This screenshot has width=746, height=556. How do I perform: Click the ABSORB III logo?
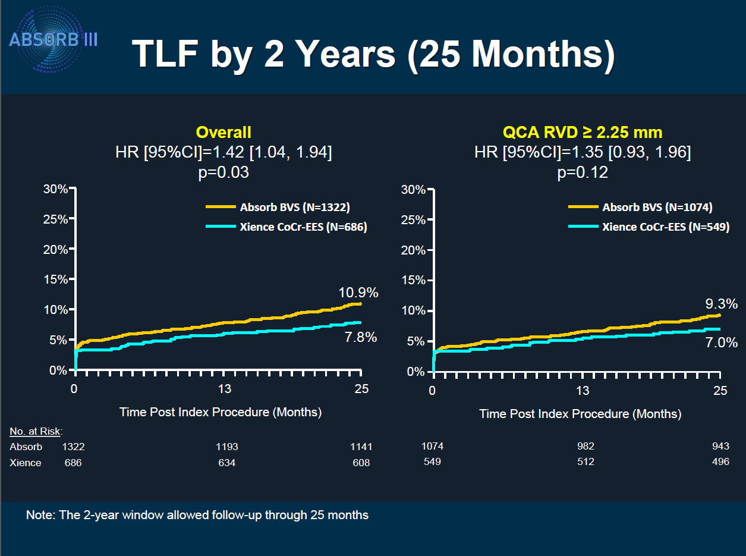pyautogui.click(x=53, y=40)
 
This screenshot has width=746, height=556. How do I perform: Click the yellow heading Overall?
pyautogui.click(x=224, y=132)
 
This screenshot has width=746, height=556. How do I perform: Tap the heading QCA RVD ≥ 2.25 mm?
pyautogui.click(x=582, y=132)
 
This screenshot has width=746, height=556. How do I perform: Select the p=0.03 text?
pyautogui.click(x=224, y=172)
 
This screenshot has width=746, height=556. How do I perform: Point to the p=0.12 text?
pyautogui.click(x=583, y=172)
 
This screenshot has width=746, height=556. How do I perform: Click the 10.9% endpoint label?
pyautogui.click(x=358, y=293)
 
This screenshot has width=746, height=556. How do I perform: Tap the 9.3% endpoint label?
pyautogui.click(x=721, y=304)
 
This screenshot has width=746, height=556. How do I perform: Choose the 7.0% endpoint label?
pyautogui.click(x=720, y=343)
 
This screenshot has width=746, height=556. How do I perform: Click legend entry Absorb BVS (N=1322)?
pyautogui.click(x=294, y=208)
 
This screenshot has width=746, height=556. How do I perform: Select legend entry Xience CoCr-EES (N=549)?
pyautogui.click(x=665, y=227)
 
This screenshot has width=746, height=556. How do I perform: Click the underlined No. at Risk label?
pyautogui.click(x=36, y=431)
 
